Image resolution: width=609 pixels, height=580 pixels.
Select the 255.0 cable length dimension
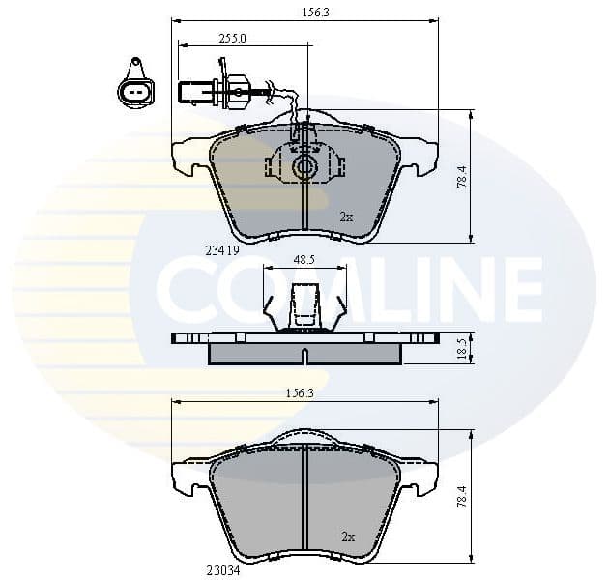(x=232, y=38)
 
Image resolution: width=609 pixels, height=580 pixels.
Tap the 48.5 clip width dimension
(x=304, y=260)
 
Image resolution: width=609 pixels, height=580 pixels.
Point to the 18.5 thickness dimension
(x=462, y=348)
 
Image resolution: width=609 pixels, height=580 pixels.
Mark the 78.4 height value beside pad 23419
(x=462, y=177)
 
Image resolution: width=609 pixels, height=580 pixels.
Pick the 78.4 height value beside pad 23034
(x=462, y=498)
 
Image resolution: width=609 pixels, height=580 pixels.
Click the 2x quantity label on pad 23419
(x=346, y=217)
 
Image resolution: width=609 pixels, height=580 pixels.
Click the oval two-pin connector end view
(x=134, y=91)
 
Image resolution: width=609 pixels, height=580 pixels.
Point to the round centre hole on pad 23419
(x=305, y=167)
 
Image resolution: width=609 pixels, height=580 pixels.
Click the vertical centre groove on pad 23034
(x=304, y=503)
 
